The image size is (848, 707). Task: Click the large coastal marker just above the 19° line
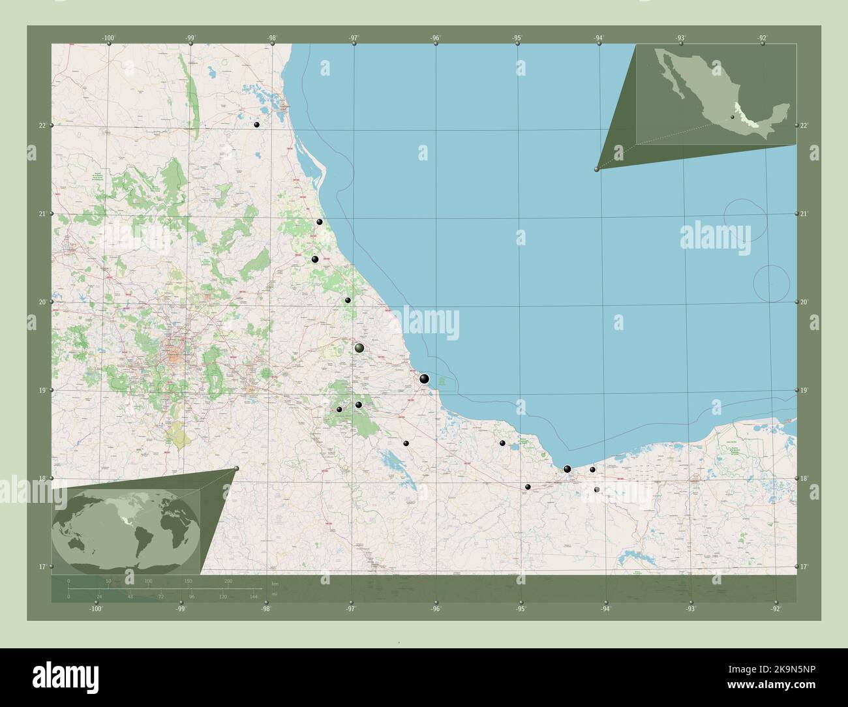[x=425, y=378]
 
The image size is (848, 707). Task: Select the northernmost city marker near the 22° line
[x=257, y=125]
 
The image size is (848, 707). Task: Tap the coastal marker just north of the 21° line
[x=320, y=222]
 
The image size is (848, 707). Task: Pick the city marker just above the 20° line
[x=348, y=301]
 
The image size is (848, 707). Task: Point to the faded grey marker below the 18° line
[x=596, y=489]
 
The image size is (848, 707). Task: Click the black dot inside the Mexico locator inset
[x=733, y=117]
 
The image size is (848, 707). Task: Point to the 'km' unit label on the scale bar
[x=275, y=582]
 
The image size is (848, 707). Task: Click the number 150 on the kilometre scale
[x=188, y=580]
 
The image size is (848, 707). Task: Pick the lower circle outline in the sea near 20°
[x=772, y=284]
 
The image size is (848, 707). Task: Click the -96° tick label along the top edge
[x=435, y=38]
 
